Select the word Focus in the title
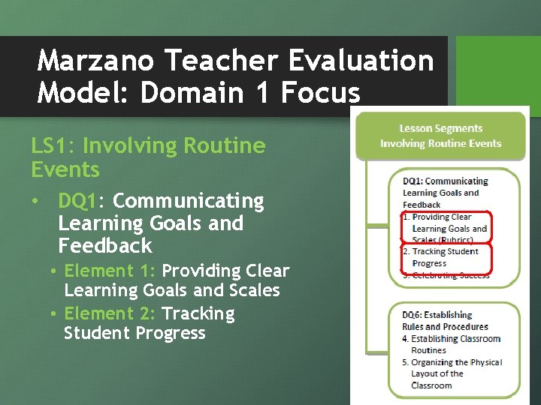[320, 93]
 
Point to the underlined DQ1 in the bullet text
[82, 201]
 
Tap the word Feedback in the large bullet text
[104, 246]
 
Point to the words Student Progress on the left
[134, 333]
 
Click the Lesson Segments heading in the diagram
[440, 128]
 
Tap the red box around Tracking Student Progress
[446, 257]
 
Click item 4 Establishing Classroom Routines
[451, 344]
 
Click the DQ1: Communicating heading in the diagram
[445, 181]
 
